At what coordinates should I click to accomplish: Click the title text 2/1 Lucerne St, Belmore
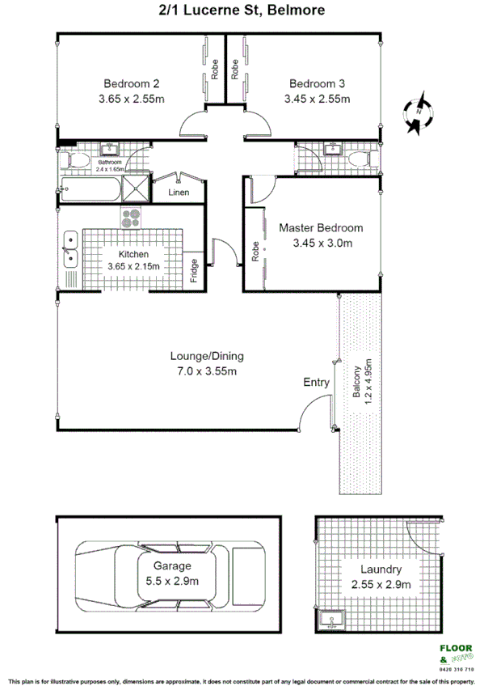coord(242,11)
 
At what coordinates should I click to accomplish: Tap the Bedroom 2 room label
coord(132,83)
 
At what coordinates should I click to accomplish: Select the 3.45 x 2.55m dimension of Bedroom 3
coord(317,100)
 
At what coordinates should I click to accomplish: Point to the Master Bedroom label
coord(321,228)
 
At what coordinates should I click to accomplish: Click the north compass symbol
coord(418,112)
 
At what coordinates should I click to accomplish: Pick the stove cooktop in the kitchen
coord(131,217)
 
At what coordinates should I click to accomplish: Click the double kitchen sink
coord(70,249)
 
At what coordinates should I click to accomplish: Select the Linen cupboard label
coord(179,193)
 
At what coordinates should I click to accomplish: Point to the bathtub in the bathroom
coord(89,189)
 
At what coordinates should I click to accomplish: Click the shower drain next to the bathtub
coord(135,190)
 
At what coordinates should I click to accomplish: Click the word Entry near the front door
coord(316,383)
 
